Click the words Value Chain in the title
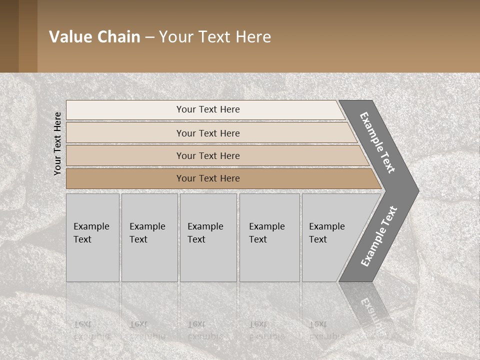94,37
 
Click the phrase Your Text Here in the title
215,37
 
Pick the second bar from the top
208,133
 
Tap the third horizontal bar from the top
208,155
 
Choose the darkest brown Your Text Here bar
208,178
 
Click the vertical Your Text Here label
58,143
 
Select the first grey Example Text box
92,237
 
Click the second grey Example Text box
149,237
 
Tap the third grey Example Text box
208,237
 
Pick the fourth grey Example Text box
269,237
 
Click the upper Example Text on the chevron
378,142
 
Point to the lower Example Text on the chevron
379,236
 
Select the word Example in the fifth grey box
327,226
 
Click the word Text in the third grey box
196,239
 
